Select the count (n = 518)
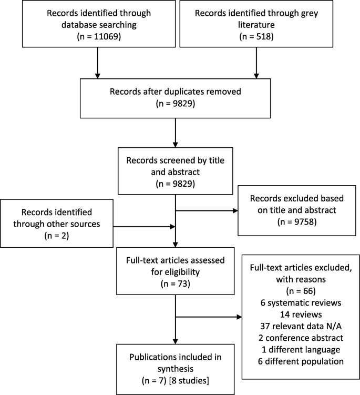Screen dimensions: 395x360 pyautogui.click(x=256, y=37)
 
